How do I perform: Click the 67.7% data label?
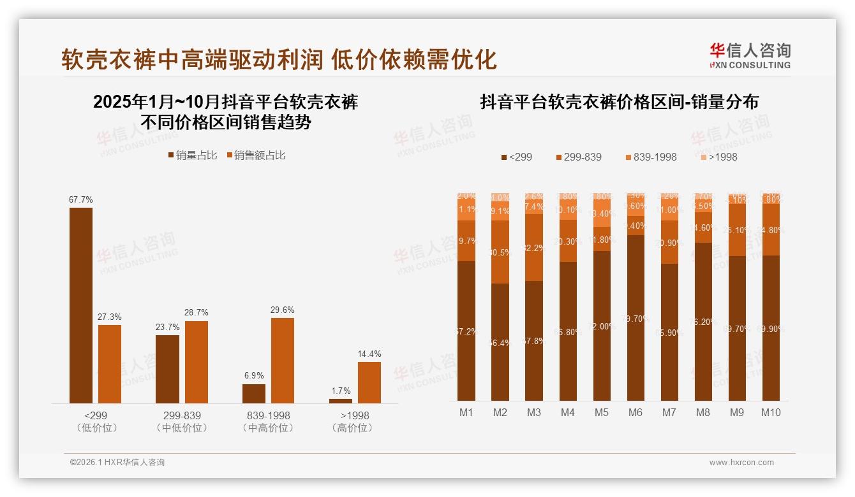coord(81,199)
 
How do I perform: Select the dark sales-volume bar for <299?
coord(81,305)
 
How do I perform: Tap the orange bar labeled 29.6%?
coord(283,360)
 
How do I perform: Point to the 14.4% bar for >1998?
coord(369,382)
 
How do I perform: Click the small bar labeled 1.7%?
coord(341,401)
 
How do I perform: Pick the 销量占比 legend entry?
coord(192,155)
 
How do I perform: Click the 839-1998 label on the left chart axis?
coord(268,415)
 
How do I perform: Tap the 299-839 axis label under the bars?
coord(181,415)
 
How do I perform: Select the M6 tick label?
coord(636,412)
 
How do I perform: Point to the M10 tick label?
coord(771,412)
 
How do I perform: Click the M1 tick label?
coord(466,412)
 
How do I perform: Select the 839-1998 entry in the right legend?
coord(650,157)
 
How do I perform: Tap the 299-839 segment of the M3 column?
coord(534,247)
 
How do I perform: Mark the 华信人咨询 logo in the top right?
coord(750,55)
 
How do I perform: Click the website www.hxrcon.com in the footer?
coord(741,463)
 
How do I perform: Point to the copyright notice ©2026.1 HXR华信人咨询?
coord(117,463)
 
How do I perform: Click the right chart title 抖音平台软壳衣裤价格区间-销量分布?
coord(619,102)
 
